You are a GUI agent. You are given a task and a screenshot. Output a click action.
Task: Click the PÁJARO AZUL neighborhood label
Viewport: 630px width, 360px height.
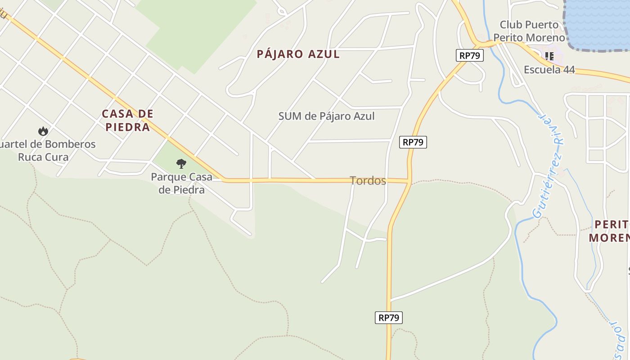[x=298, y=54]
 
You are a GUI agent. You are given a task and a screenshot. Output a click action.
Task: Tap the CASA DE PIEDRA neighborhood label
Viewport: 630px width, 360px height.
[x=128, y=120]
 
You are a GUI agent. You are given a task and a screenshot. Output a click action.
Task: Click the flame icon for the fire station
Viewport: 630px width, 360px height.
[x=43, y=131]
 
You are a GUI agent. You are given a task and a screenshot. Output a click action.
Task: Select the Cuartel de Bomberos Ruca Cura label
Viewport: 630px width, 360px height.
[x=45, y=151]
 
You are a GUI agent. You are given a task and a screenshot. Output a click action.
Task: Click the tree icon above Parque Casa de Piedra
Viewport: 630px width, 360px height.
[x=181, y=163]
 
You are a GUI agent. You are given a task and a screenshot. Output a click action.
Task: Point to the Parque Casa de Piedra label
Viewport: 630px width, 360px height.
[x=181, y=183]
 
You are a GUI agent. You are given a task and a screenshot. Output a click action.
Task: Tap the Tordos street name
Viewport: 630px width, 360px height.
[x=368, y=181]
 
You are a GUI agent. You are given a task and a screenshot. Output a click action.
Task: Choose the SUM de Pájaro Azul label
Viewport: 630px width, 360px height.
[x=326, y=116]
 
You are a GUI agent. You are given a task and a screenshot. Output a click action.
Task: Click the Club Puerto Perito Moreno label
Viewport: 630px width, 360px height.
[x=529, y=31]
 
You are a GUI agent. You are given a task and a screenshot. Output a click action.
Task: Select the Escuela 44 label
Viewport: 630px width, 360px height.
[x=549, y=70]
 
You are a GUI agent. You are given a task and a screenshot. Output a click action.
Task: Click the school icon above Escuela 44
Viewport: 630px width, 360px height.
[x=549, y=56]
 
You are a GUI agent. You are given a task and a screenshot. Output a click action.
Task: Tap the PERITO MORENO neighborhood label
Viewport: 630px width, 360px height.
[x=610, y=231]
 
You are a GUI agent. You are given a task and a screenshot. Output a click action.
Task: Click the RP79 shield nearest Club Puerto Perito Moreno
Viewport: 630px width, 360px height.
[x=470, y=56]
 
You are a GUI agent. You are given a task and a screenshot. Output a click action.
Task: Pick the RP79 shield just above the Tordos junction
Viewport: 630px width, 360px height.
[x=413, y=142]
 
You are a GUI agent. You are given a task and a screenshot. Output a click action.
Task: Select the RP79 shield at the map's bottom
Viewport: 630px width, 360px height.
[x=389, y=318]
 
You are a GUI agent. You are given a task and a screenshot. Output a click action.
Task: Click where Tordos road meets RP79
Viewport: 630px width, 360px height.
[x=409, y=181]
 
